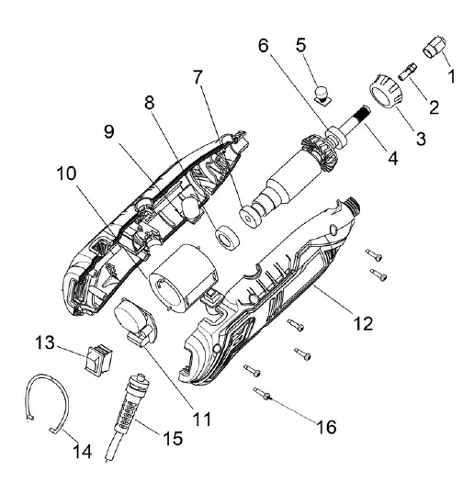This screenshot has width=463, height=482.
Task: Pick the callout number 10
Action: (x=67, y=174)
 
